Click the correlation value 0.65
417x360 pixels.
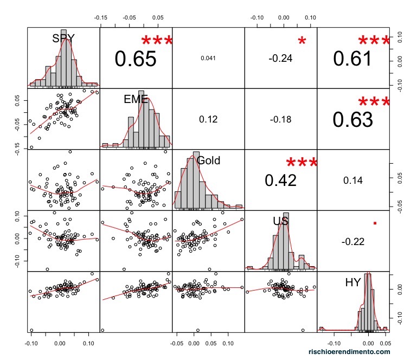coord(136,59)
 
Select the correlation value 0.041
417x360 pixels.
coord(208,58)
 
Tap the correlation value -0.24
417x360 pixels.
coord(280,59)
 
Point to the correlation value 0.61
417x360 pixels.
coord(352,59)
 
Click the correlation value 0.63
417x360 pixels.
coord(352,119)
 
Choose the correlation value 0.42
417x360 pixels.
coord(280,180)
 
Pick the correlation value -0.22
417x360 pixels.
coord(352,241)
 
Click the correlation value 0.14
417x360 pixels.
coord(352,181)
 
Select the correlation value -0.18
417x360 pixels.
coord(280,119)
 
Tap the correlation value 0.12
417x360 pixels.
coord(208,119)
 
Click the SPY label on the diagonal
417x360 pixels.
coord(63,38)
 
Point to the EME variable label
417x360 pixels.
coord(136,99)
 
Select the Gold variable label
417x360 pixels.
coord(209,160)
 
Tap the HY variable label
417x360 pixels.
coord(353,282)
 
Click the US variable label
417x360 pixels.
coord(280,221)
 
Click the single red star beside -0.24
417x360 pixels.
coord(302,41)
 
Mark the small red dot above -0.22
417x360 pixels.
coord(375,223)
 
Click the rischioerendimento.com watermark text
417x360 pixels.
coord(349,352)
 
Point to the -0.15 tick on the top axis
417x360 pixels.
coord(100,17)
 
